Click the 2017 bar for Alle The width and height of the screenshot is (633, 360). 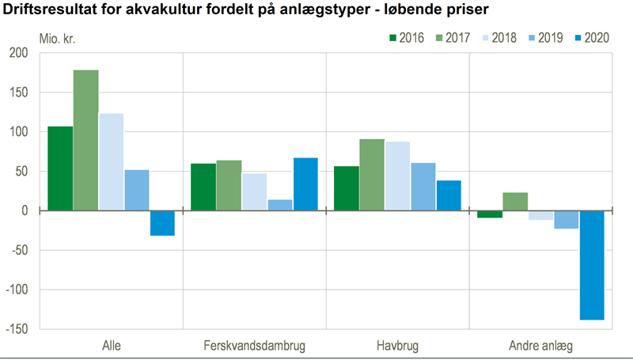coord(86,140)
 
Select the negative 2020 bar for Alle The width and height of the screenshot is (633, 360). coord(162,223)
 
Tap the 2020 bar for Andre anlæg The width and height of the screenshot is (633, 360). coord(592,265)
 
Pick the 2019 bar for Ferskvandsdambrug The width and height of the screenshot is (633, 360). coord(280,205)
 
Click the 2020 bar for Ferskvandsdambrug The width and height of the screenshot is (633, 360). coord(305,184)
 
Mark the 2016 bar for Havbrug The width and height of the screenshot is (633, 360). coord(347,188)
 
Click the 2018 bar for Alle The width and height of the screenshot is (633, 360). coord(112,162)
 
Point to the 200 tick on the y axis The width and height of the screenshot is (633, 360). coord(17,53)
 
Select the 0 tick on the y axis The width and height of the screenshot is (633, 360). coord(25,211)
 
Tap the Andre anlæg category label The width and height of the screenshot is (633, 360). coord(541,346)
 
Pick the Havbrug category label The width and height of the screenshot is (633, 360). coord(397,346)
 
